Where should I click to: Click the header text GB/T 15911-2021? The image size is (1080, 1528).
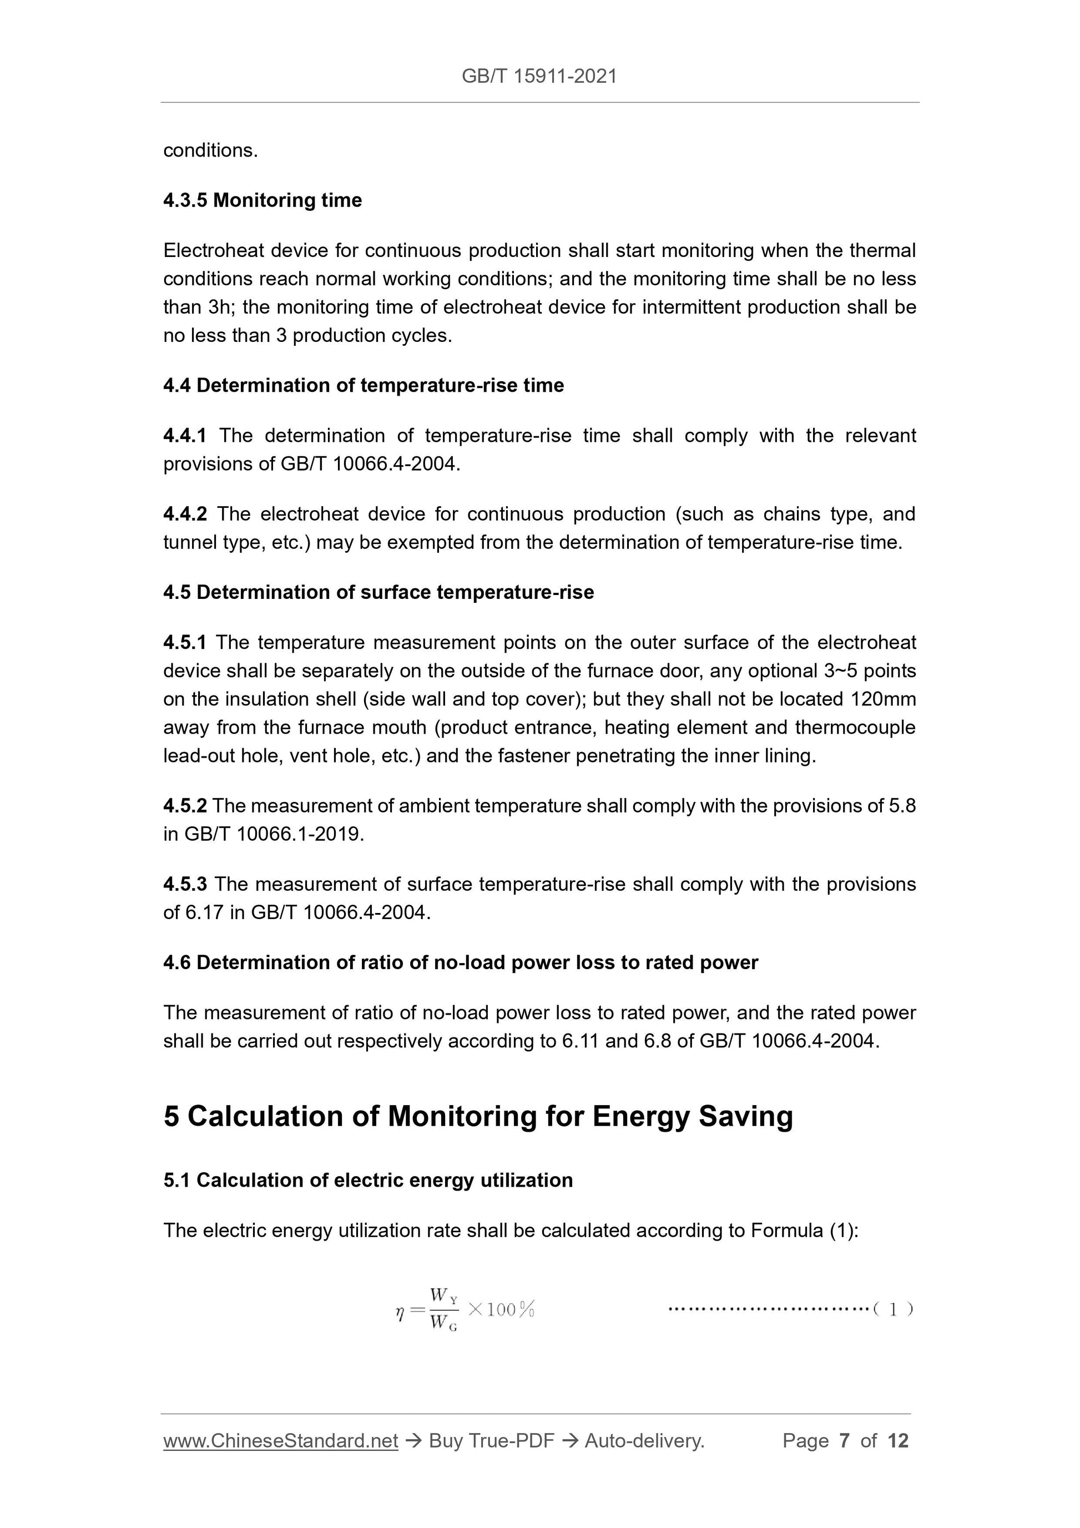click(x=539, y=77)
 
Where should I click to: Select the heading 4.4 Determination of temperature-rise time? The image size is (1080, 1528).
click(x=364, y=385)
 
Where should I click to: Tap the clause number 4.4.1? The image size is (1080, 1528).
click(x=184, y=436)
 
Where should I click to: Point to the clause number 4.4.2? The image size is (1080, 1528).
click(x=184, y=515)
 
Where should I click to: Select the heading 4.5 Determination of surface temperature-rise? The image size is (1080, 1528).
click(x=378, y=592)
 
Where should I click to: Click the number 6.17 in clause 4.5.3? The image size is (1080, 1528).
click(x=204, y=912)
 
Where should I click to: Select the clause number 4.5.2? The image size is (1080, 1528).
click(x=184, y=806)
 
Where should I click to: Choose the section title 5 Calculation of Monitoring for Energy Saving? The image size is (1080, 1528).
click(x=478, y=1116)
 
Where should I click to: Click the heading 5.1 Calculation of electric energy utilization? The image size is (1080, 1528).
click(x=368, y=1180)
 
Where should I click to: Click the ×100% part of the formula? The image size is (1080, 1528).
click(x=501, y=1309)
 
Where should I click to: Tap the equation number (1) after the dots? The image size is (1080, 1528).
click(x=893, y=1309)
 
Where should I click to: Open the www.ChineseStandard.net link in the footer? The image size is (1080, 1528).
click(x=280, y=1441)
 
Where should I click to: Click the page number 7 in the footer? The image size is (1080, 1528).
click(x=845, y=1441)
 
